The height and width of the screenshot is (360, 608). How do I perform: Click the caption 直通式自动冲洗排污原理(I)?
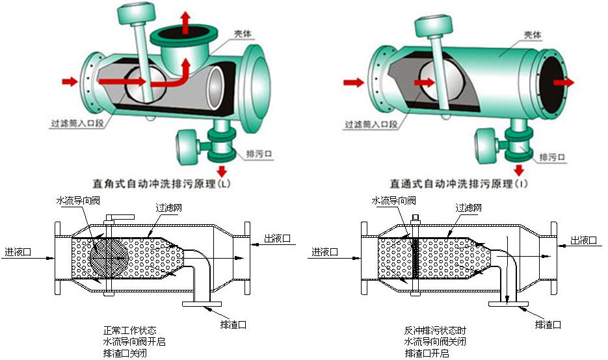pos(458,184)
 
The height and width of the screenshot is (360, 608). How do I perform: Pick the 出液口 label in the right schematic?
pos(583,240)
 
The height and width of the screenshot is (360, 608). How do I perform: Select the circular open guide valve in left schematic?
pos(107,259)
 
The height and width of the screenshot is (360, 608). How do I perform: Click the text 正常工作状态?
pos(130,330)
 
